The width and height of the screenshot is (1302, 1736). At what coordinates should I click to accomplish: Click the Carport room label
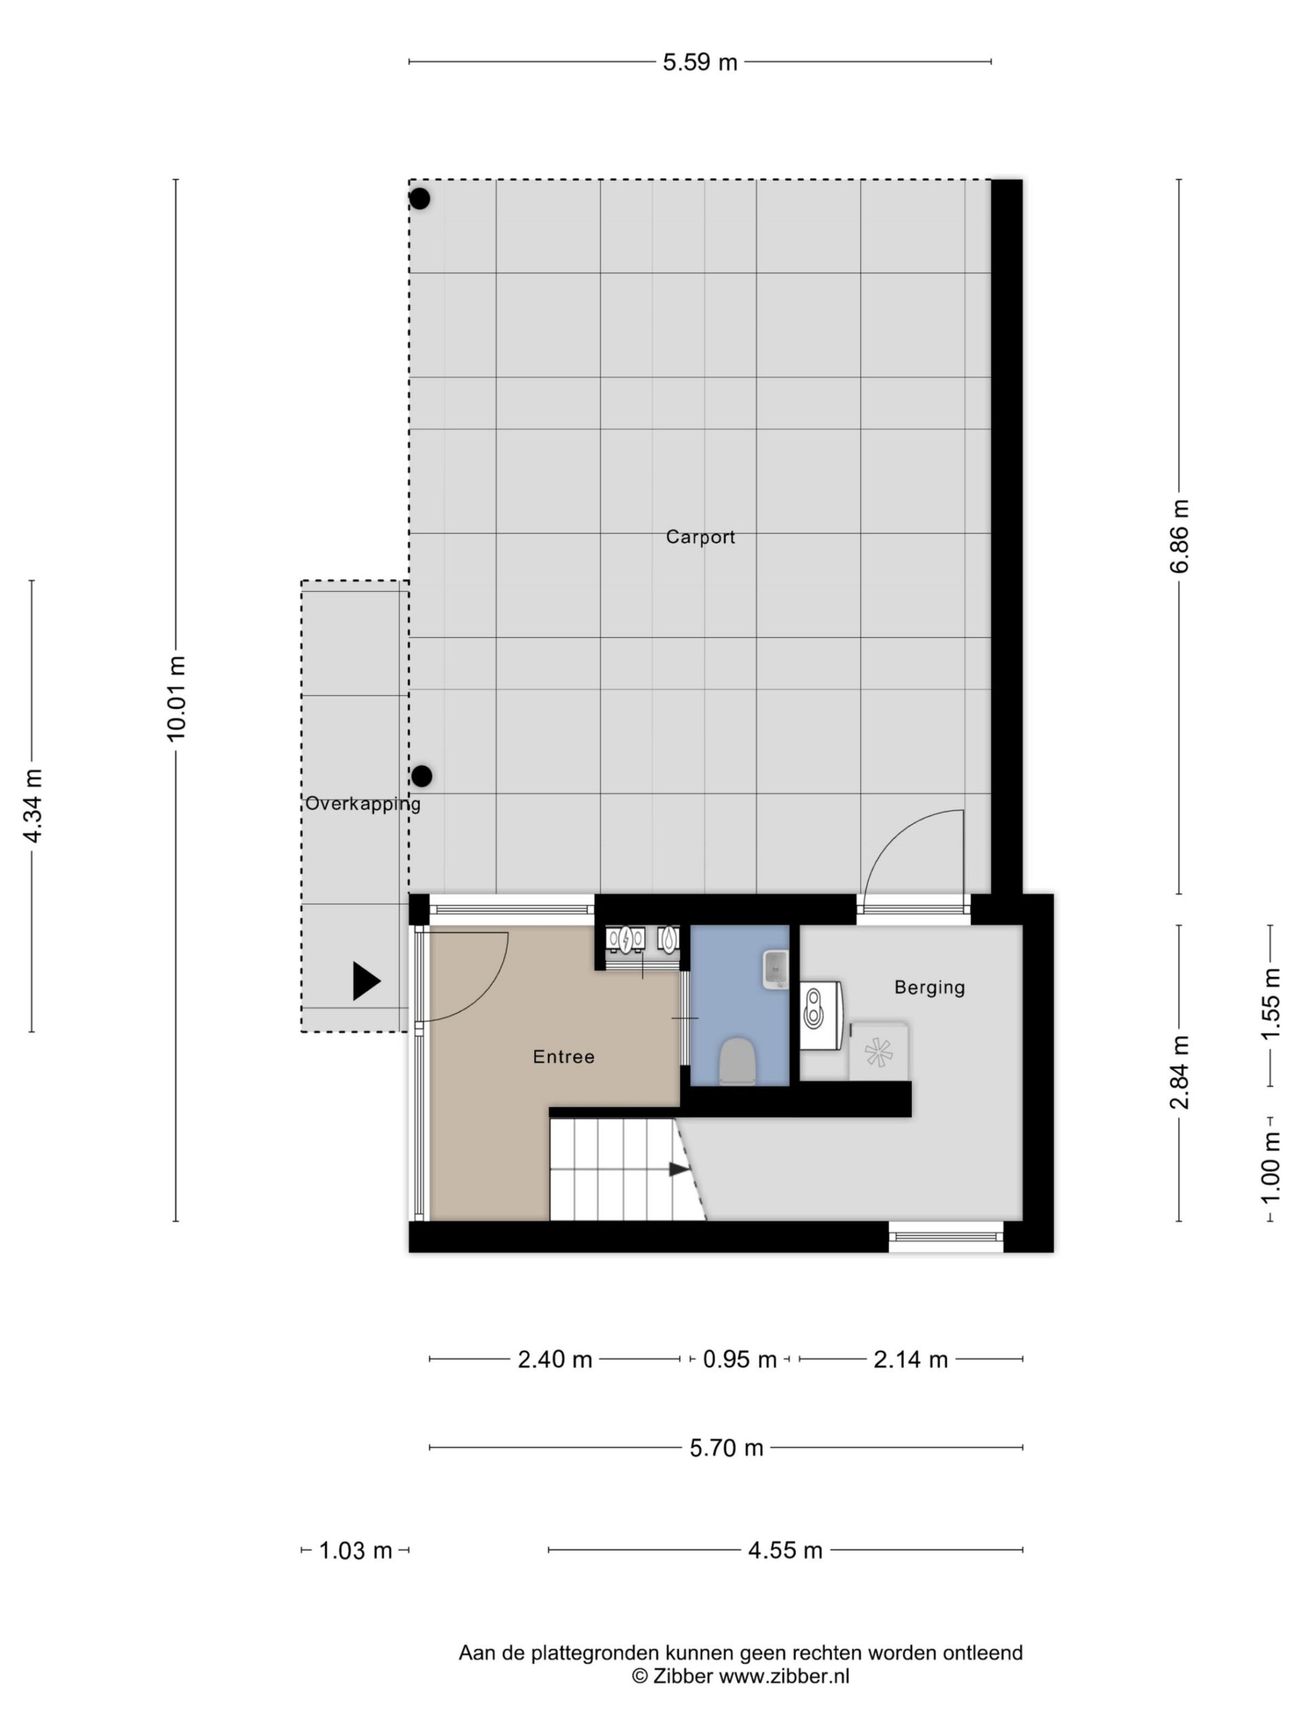pos(700,538)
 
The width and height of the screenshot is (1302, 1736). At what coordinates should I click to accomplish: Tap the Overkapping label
pos(363,804)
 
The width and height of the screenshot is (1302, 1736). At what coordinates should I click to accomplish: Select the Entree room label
pos(564,1057)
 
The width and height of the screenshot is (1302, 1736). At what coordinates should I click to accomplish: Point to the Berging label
pos(929,988)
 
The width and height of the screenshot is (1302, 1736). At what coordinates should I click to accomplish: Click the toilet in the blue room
pos(737,1061)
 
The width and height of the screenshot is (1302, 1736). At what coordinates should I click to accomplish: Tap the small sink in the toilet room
pos(774,968)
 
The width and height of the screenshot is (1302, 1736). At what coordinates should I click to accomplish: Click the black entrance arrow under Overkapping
pos(366,981)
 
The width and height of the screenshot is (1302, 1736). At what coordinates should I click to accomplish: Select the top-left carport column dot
pos(420,199)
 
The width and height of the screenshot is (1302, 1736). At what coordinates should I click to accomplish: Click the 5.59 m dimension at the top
pos(700,62)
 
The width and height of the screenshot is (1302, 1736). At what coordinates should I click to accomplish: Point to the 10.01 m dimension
pos(176,698)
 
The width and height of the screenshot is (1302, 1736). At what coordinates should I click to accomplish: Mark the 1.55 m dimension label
pos(1270,1004)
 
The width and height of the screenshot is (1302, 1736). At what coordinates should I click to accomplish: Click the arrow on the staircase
pos(679,1169)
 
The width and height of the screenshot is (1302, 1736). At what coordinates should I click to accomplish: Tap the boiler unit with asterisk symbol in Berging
pos(879,1051)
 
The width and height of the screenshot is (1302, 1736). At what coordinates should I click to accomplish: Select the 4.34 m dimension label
pos(32,806)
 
